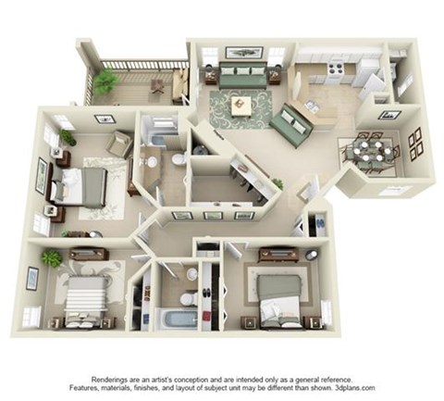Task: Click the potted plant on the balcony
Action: pyautogui.click(x=105, y=81)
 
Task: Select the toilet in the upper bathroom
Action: pyautogui.click(x=178, y=159)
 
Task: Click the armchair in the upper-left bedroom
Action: pyautogui.click(x=119, y=144)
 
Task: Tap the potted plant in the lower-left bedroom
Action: pyautogui.click(x=52, y=258)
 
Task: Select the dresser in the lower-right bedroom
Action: pyautogui.click(x=276, y=252)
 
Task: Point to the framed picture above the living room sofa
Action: pyautogui.click(x=242, y=53)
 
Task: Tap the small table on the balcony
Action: pyautogui.click(x=157, y=85)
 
